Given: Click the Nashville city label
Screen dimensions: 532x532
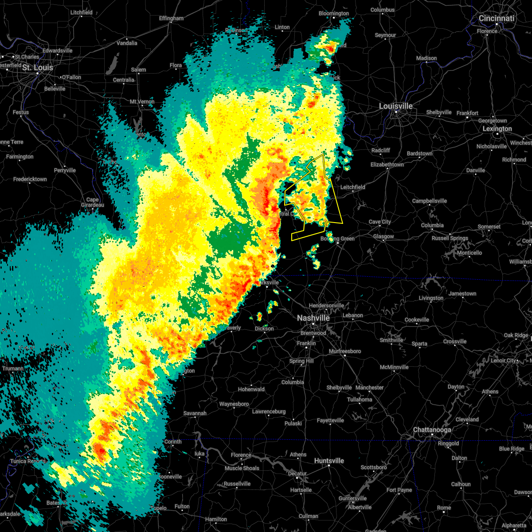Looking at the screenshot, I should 313,318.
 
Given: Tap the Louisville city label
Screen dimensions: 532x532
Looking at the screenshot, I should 395,106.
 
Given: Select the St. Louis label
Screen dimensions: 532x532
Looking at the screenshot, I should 38,67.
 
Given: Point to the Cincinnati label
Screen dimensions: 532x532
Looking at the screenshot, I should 496,18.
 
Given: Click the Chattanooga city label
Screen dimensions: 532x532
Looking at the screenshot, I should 432,430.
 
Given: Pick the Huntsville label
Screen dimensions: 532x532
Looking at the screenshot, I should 329,461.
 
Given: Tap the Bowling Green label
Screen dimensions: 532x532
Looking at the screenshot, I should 338,239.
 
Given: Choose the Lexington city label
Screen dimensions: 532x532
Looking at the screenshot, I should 497,129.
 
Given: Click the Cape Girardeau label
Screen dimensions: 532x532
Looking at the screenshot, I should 93,202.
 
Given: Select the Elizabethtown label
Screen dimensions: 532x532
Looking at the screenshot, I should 387,164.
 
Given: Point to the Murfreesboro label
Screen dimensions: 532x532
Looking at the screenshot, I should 344,351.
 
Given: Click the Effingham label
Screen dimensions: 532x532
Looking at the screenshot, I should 171,18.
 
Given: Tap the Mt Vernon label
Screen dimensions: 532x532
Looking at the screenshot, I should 142,102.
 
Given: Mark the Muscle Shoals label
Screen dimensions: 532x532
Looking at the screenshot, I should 243,468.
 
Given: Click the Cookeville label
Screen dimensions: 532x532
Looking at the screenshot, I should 417,320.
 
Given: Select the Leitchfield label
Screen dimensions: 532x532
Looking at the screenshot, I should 352,187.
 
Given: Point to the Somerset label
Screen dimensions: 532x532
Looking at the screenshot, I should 489,227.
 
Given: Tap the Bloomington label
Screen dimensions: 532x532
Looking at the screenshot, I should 333,13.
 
